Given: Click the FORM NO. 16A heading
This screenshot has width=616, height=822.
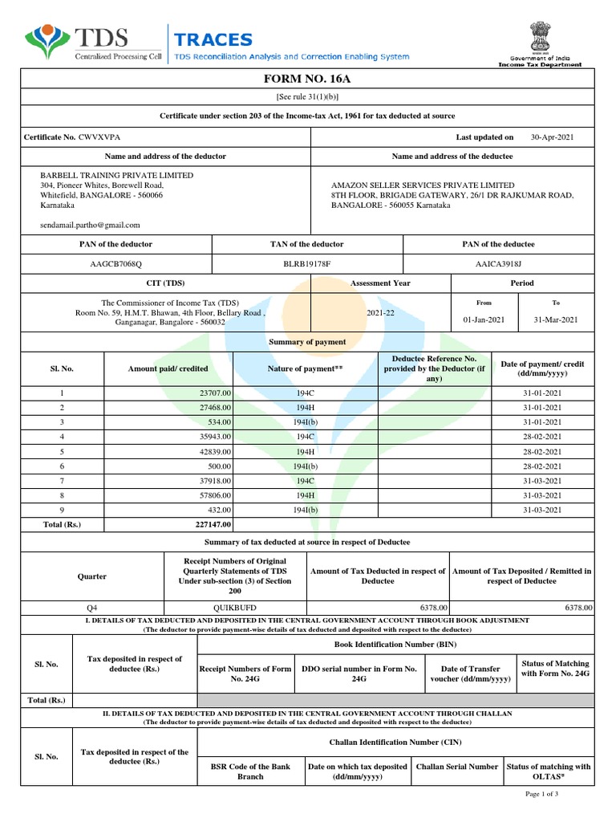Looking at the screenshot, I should (308, 79).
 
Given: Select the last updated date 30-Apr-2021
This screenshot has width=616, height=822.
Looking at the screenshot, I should (552, 137).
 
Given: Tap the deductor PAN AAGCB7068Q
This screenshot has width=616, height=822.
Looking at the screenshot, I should (116, 263).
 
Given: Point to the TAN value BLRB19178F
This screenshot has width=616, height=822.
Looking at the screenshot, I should (307, 263).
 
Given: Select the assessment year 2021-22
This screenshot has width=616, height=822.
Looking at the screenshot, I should (380, 311).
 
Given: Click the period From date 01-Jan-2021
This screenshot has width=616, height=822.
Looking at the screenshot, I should (484, 319).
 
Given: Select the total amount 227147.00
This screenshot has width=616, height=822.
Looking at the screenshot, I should (213, 524).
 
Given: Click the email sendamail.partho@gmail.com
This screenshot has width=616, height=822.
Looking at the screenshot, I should (90, 226).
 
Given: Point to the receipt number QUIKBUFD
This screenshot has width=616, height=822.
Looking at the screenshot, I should (234, 608).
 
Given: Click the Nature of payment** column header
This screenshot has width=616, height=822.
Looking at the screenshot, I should (305, 368).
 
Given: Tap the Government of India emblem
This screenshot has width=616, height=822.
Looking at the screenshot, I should (536, 37).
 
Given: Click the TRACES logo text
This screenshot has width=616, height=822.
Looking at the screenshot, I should (213, 39).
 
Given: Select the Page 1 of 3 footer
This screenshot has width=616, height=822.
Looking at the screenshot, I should (541, 794).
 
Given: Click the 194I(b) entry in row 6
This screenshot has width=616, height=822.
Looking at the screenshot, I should (305, 466).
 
